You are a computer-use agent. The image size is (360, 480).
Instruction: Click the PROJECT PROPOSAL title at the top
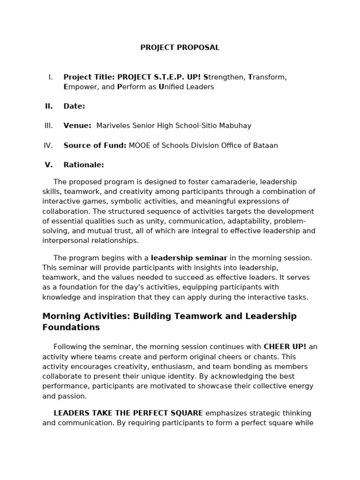point(180,48)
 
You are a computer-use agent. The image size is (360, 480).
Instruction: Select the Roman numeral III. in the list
point(49,126)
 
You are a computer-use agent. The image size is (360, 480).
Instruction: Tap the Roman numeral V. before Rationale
point(49,165)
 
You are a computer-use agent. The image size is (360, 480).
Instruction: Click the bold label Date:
point(74,106)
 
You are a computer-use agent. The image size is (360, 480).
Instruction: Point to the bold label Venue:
point(77,126)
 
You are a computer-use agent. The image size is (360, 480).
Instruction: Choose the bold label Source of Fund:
point(95,145)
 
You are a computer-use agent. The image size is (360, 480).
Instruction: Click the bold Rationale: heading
point(83,165)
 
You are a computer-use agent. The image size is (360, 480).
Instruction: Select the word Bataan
point(265,145)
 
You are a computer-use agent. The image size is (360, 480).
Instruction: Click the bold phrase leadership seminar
point(189,258)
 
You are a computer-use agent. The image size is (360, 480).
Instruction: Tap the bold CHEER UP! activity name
point(285,347)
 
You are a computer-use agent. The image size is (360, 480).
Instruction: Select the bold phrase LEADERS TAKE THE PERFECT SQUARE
point(128,413)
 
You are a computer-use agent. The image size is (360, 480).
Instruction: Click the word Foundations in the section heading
point(71,328)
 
